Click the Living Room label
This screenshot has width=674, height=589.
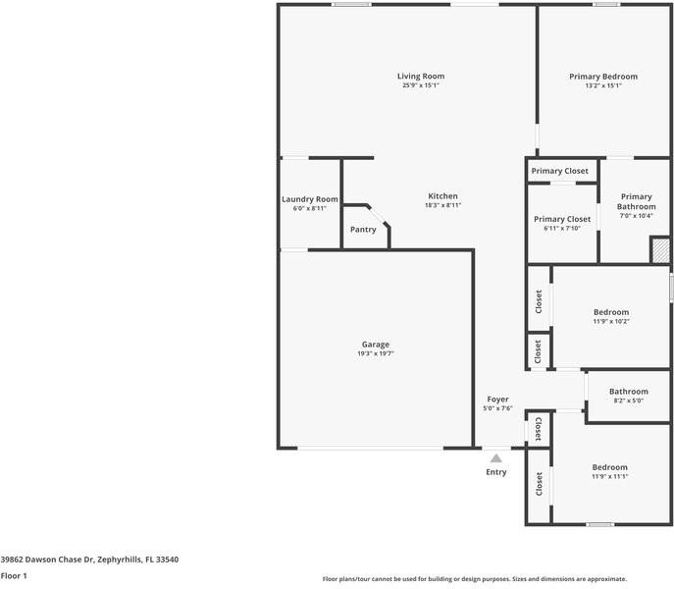[x=420, y=77]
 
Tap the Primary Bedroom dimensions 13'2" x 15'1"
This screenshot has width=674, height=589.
[x=602, y=86]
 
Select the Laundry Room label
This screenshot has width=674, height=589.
[x=309, y=199]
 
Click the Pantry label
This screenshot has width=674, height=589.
[x=363, y=230]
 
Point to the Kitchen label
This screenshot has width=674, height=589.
[x=442, y=196]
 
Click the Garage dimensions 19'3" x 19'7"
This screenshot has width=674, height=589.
[x=375, y=353]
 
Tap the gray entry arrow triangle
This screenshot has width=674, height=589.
[x=496, y=457]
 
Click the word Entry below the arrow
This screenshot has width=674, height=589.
[x=496, y=472]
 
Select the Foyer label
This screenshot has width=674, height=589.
[x=497, y=400]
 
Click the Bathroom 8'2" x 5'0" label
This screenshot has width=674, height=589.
[x=628, y=392]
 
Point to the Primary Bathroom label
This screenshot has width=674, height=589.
[x=635, y=201]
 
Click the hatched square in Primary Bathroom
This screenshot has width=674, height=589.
[x=660, y=250]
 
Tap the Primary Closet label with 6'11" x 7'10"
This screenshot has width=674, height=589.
[x=562, y=219]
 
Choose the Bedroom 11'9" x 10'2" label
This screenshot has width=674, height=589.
[x=610, y=312]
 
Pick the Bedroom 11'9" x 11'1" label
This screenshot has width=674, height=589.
[x=609, y=467]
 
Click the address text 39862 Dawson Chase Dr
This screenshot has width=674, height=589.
[x=89, y=560]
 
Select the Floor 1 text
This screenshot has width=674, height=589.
[x=14, y=575]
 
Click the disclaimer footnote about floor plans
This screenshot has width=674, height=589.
[x=474, y=579]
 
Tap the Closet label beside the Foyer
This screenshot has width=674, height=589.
[x=538, y=429]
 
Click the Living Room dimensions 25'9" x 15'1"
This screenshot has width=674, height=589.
[x=420, y=86]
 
